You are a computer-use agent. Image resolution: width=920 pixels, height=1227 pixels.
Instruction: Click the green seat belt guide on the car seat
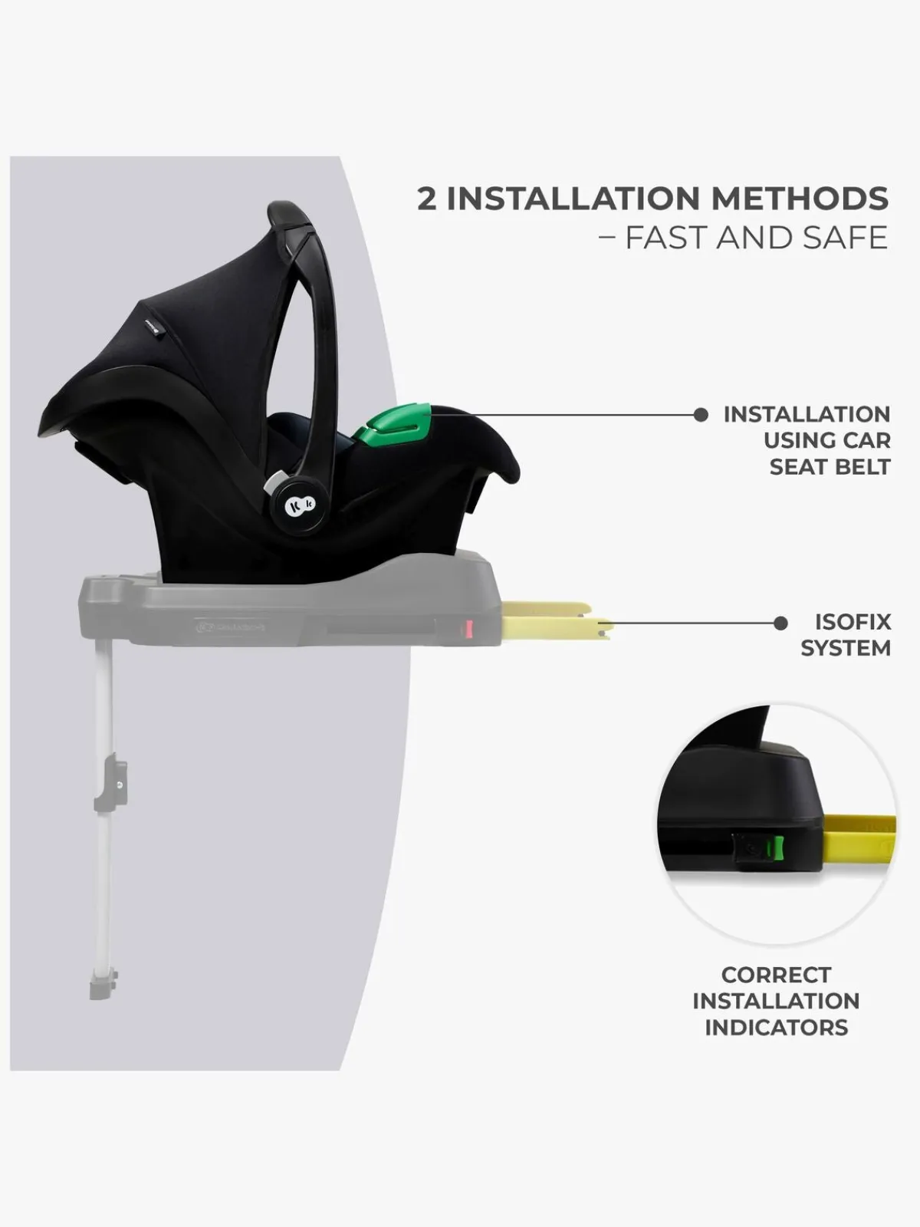click(393, 426)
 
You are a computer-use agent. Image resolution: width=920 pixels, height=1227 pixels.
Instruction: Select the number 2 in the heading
click(427, 199)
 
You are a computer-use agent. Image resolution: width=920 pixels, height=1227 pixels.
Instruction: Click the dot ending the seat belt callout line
click(701, 415)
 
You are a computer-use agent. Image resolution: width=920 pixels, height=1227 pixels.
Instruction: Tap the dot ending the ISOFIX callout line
click(781, 623)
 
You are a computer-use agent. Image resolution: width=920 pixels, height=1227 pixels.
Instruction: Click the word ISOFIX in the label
click(853, 622)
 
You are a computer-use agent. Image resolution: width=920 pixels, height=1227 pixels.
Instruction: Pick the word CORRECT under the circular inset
click(776, 975)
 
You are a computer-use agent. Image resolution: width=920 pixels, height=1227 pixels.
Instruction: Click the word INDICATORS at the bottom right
click(777, 1028)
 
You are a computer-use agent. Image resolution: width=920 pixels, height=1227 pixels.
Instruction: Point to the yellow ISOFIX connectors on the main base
click(557, 620)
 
